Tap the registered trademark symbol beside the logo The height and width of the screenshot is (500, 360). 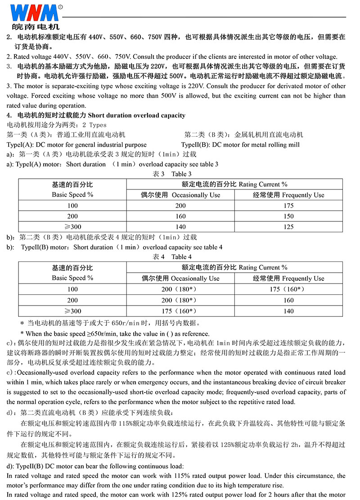[60, 7]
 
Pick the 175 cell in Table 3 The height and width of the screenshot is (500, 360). [289, 206]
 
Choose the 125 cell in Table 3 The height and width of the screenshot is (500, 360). [289, 227]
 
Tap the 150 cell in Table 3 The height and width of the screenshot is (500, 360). [289, 216]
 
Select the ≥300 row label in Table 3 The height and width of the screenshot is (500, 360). [72, 227]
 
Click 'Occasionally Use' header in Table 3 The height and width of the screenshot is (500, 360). [196, 195]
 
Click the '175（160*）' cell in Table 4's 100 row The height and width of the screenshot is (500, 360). [288, 289]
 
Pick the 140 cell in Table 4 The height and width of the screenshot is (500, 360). [288, 311]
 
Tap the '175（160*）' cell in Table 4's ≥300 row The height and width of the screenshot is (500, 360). [180, 311]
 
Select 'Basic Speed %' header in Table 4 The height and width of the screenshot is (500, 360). [72, 278]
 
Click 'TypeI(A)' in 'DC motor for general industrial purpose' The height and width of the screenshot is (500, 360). [19, 145]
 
